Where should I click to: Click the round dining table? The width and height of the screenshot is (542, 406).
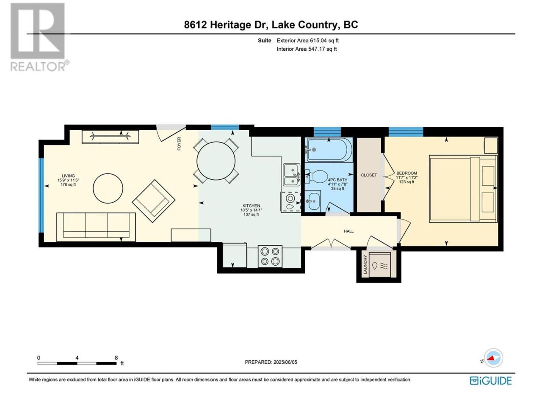pos(216,161)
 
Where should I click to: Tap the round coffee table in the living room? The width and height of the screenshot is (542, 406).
pos(108,188)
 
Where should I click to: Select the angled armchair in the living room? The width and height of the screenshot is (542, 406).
pos(154,201)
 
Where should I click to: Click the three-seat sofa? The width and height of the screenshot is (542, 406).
pos(96,227)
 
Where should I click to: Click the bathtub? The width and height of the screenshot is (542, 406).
pos(329,150)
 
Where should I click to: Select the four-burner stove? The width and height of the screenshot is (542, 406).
pos(270,256)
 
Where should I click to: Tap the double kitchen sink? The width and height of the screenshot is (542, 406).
pos(292,175)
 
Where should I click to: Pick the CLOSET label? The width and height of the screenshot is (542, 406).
pos(369,175)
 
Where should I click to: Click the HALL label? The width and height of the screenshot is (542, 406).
pos(348,231)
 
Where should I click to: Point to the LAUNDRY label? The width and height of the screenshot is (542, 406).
pos(365,264)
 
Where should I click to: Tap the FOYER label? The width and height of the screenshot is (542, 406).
pos(179,144)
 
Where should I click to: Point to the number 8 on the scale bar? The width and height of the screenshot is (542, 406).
pos(116,358)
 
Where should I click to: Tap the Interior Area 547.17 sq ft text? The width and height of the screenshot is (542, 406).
pos(307,49)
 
